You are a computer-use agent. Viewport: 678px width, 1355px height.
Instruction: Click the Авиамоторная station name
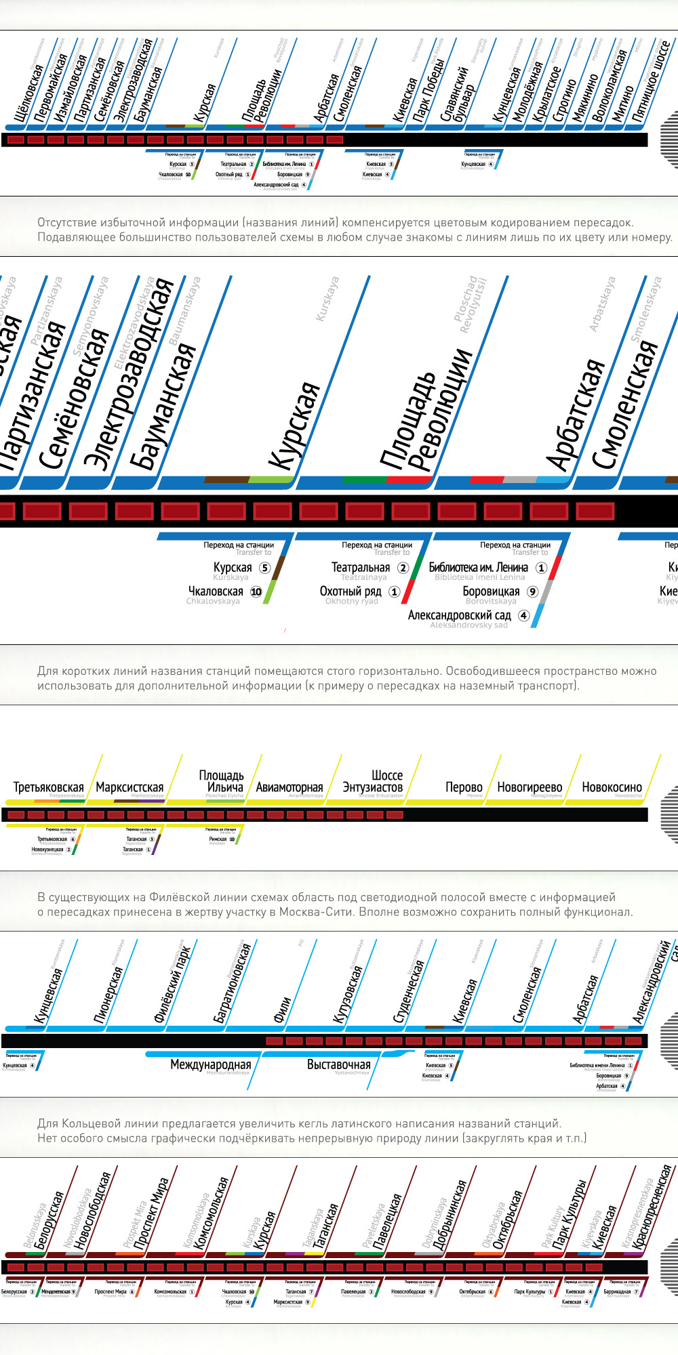[x=289, y=787]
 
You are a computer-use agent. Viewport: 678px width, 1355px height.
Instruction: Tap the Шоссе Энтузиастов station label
[x=373, y=781]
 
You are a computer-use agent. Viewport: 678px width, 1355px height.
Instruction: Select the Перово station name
[x=464, y=787]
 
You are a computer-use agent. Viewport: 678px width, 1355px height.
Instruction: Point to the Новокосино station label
[x=612, y=787]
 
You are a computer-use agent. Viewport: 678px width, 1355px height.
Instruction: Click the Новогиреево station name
[x=530, y=787]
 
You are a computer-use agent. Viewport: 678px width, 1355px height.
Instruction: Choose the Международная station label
[x=210, y=1065]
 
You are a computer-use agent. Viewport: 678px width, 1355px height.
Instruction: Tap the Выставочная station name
[x=338, y=1065]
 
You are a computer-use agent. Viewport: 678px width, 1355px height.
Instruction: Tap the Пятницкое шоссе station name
[x=651, y=81]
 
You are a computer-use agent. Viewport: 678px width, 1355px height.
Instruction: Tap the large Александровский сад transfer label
[x=459, y=615]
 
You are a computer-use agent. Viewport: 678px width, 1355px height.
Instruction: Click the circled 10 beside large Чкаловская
[x=256, y=591]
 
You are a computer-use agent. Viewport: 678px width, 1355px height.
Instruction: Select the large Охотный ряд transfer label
[x=351, y=591]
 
